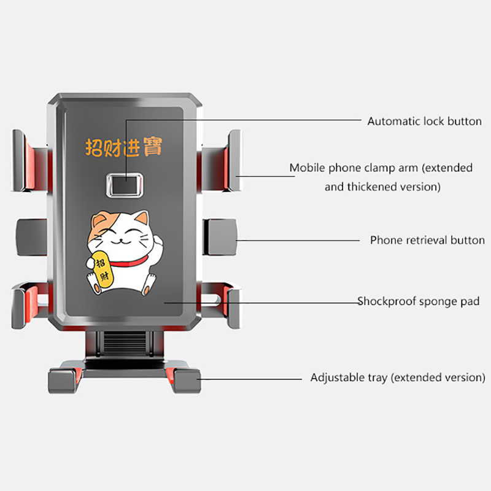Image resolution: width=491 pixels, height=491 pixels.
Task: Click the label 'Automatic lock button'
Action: tap(424, 121)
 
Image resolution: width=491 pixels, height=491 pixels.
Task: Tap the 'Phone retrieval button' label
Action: tap(427, 240)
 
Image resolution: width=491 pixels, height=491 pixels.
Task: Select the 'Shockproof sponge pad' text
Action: tap(419, 301)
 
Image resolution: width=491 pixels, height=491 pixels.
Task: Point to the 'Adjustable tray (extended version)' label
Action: tap(398, 377)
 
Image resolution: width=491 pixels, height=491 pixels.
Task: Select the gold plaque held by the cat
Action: tap(100, 268)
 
